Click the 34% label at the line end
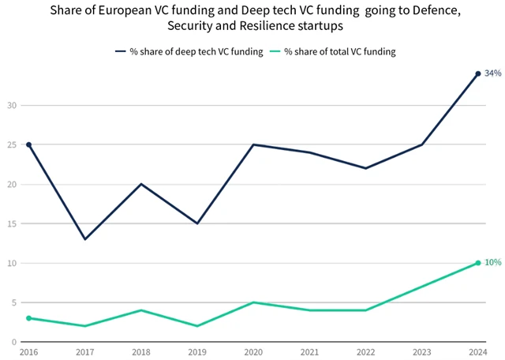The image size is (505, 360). point(493,73)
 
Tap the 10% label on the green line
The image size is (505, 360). point(493,262)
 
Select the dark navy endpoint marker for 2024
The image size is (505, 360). point(478,74)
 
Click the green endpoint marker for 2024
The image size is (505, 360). point(478,263)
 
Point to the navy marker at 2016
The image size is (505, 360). point(28,144)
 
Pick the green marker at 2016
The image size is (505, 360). point(28,318)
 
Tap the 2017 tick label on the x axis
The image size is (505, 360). point(84,351)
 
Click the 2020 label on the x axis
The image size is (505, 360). point(253,351)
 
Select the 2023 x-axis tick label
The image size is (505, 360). point(421,351)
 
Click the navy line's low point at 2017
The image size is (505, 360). point(84,239)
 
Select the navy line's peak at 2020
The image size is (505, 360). point(253,144)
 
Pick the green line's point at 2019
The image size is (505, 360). point(197,326)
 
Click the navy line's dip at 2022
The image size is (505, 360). point(365,168)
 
